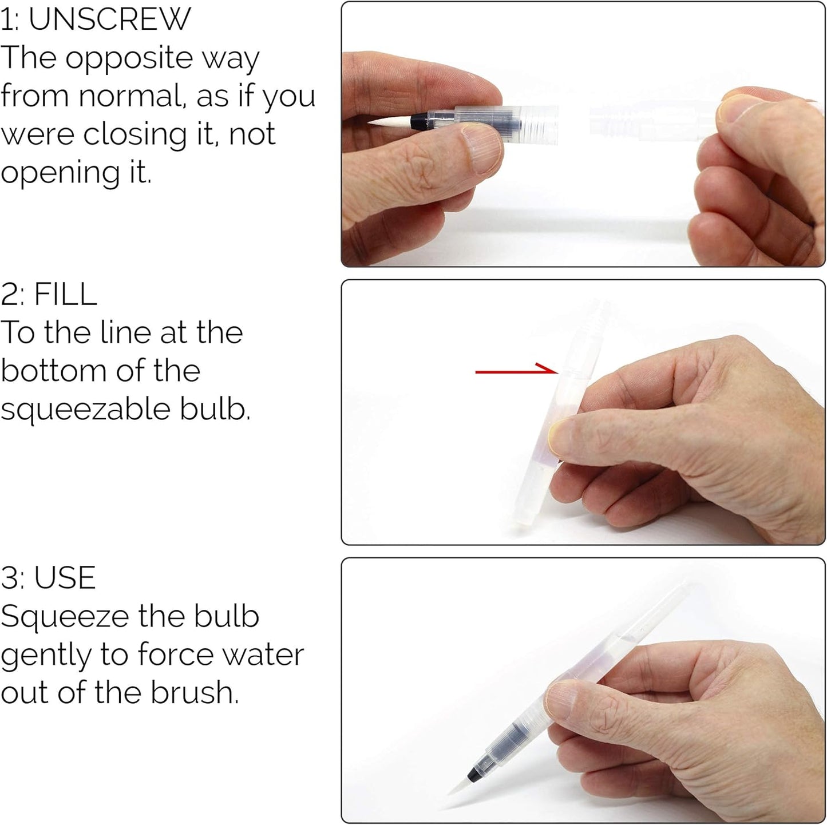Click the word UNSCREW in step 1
109,19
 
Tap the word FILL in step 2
65,295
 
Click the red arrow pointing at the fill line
515,371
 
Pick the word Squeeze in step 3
65,617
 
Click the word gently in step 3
46,656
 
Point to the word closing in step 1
135,135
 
